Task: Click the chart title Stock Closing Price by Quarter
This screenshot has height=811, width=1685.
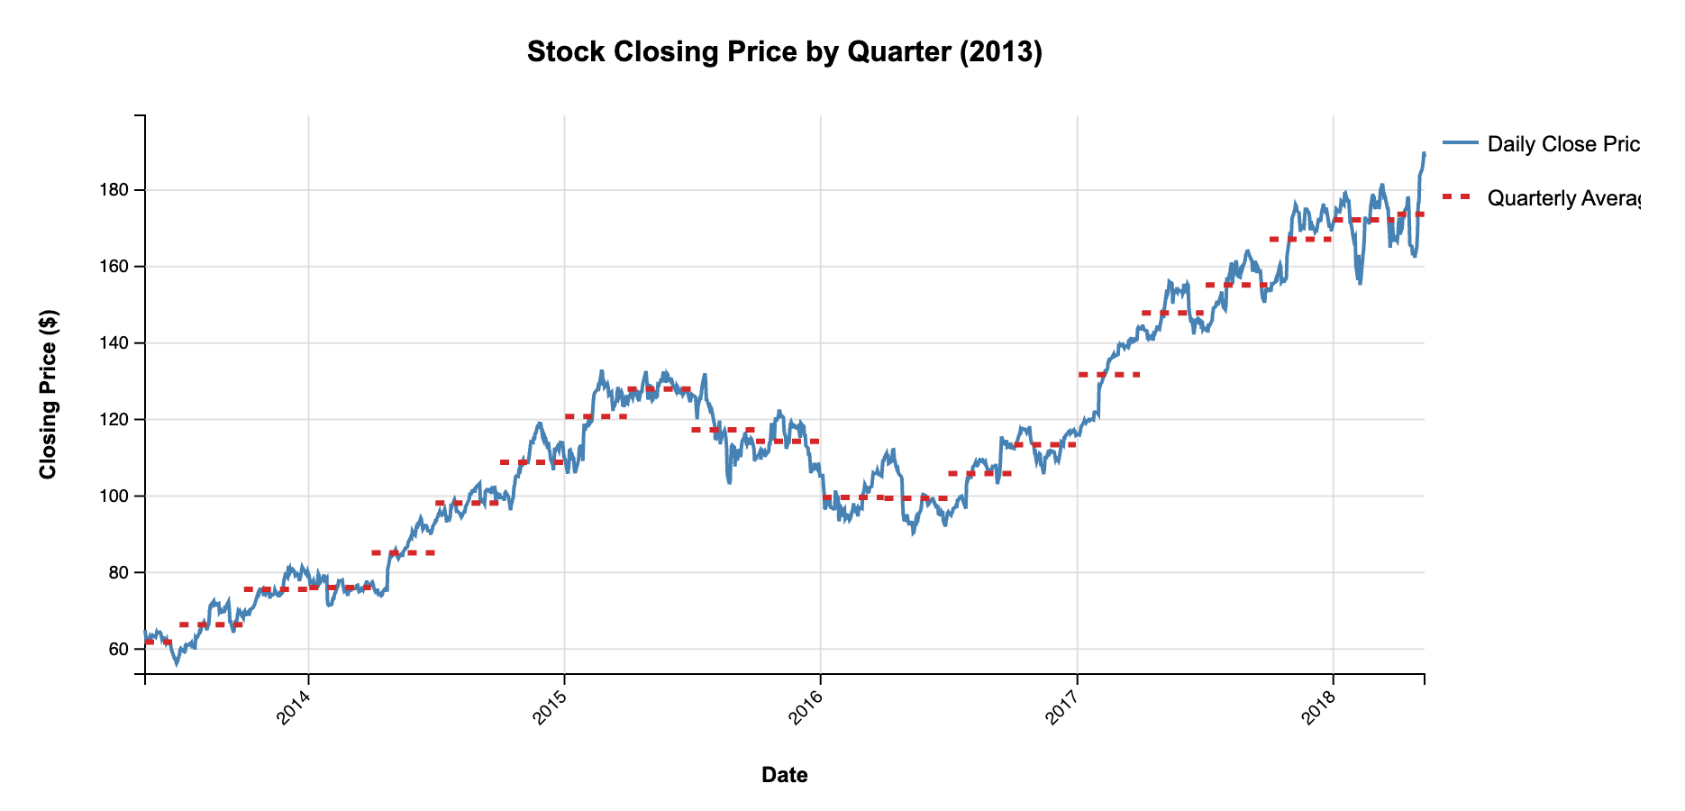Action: (x=784, y=52)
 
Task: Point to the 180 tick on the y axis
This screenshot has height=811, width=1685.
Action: (x=121, y=190)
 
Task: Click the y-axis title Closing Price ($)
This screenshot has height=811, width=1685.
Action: (x=49, y=394)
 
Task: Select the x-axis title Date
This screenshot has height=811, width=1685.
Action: (x=784, y=775)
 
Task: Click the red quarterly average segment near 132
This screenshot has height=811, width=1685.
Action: (x=1108, y=374)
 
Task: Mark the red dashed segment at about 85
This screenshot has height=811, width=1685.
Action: (x=403, y=552)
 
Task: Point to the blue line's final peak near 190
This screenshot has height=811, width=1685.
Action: (x=1424, y=154)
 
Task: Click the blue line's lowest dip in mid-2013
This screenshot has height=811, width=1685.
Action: (x=177, y=664)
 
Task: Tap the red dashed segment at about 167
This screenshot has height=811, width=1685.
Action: (x=1300, y=239)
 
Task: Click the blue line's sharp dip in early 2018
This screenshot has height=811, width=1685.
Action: (x=1359, y=282)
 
